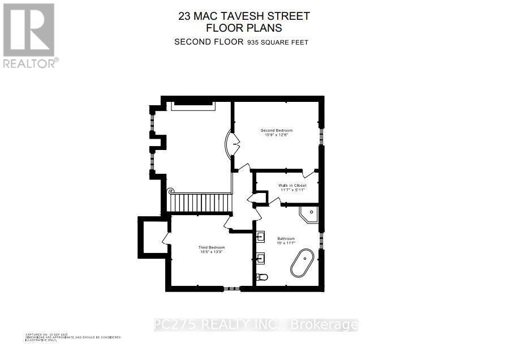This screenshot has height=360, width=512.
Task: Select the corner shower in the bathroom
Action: (x=309, y=215)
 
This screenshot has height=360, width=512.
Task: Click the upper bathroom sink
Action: (x=261, y=236)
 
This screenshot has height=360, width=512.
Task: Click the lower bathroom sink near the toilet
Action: (x=261, y=259)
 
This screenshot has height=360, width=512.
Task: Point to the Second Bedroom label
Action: (x=277, y=130)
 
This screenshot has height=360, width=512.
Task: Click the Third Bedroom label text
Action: (x=212, y=247)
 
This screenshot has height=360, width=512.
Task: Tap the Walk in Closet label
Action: (x=292, y=185)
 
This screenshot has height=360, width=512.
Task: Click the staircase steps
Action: (x=201, y=202)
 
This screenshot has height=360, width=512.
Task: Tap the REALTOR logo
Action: (x=29, y=35)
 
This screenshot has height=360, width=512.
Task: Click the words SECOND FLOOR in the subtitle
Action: (x=209, y=41)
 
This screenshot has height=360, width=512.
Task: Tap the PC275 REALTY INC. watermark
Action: (x=256, y=325)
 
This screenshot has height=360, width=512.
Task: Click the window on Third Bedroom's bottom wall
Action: (x=230, y=289)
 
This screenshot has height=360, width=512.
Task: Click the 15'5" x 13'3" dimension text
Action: (x=212, y=252)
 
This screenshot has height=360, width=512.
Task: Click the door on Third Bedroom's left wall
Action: (x=166, y=238)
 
